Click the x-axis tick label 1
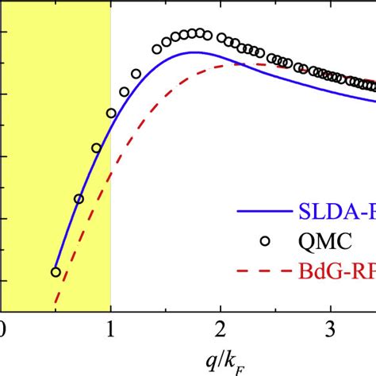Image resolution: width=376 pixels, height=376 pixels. coord(110,328)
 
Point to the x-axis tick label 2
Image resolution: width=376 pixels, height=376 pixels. coord(221,328)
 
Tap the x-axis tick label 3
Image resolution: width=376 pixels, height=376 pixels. coord(331,328)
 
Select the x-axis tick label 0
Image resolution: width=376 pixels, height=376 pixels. coord(2,328)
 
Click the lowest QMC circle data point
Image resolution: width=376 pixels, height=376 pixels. coord(56,272)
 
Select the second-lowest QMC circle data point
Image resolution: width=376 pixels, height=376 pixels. coord(79,199)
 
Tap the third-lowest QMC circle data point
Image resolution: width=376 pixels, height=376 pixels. coord(96,148)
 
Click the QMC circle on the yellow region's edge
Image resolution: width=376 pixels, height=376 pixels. coord(111,113)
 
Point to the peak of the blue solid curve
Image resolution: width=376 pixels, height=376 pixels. coord(193,52)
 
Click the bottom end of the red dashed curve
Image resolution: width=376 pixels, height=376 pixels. coord(55,302)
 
